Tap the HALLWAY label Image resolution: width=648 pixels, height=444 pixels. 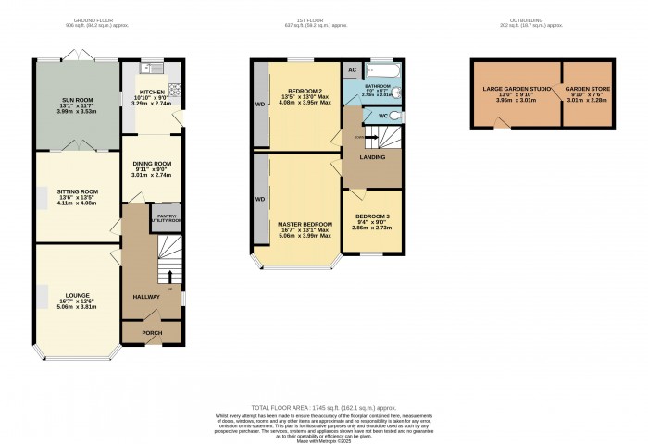tap(146, 297)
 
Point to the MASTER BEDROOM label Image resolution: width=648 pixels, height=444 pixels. tap(305, 224)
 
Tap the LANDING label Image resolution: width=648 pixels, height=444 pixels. tap(372, 157)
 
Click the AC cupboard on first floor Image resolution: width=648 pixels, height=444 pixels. tap(352, 70)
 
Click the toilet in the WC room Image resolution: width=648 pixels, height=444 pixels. tap(395, 116)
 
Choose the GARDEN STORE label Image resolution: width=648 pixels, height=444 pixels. tap(587, 90)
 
